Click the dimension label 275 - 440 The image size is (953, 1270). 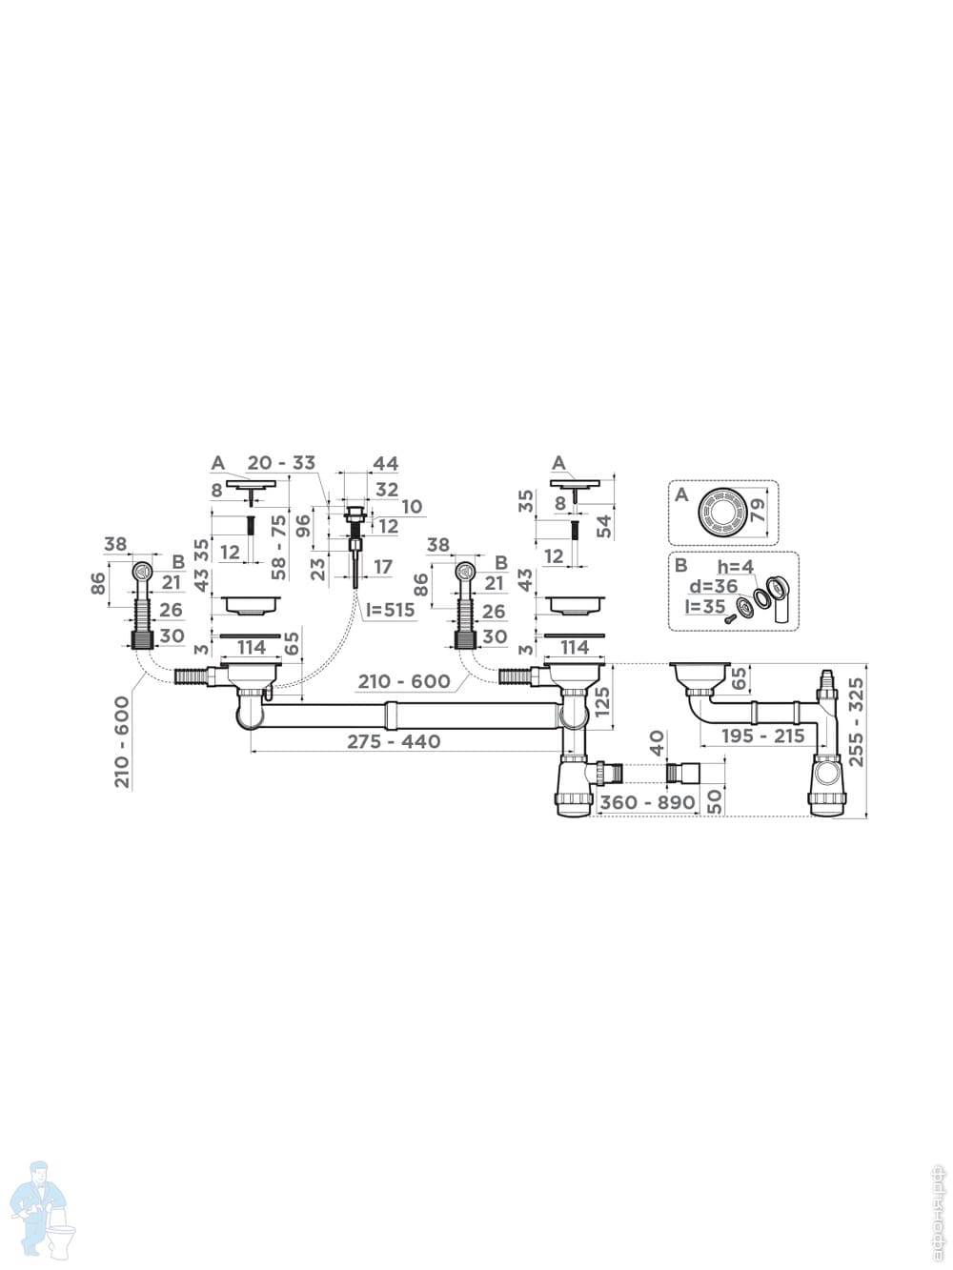394,741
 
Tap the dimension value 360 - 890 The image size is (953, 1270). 647,802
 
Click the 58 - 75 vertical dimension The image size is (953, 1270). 278,547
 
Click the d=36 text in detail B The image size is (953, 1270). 714,586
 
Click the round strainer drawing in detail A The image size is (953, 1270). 721,511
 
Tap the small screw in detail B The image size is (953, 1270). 731,618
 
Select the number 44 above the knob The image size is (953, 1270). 385,464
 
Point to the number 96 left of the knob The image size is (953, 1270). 304,526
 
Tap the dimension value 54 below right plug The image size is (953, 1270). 602,526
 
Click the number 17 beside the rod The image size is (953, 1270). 382,568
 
